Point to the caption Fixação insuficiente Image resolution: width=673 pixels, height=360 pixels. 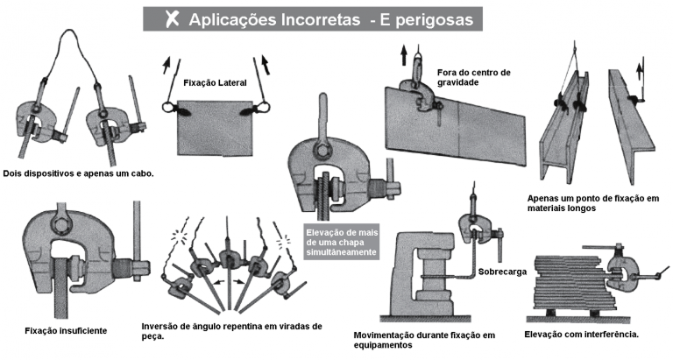point(67,330)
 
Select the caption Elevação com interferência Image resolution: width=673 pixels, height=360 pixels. point(581,335)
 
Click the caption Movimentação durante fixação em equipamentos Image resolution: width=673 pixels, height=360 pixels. point(424,340)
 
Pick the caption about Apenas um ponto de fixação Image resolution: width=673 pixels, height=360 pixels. point(596,202)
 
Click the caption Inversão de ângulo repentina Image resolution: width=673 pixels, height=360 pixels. point(229,330)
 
